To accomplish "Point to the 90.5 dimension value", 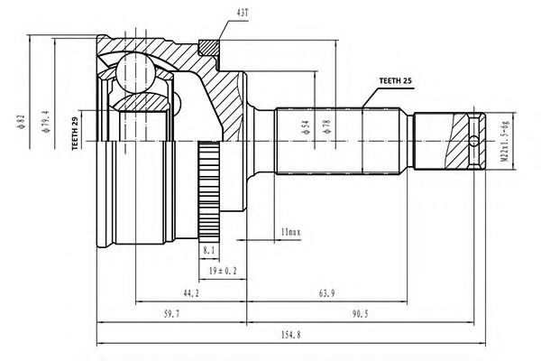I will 364,314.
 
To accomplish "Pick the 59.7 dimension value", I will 170,314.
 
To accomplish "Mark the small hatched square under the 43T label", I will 208,43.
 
